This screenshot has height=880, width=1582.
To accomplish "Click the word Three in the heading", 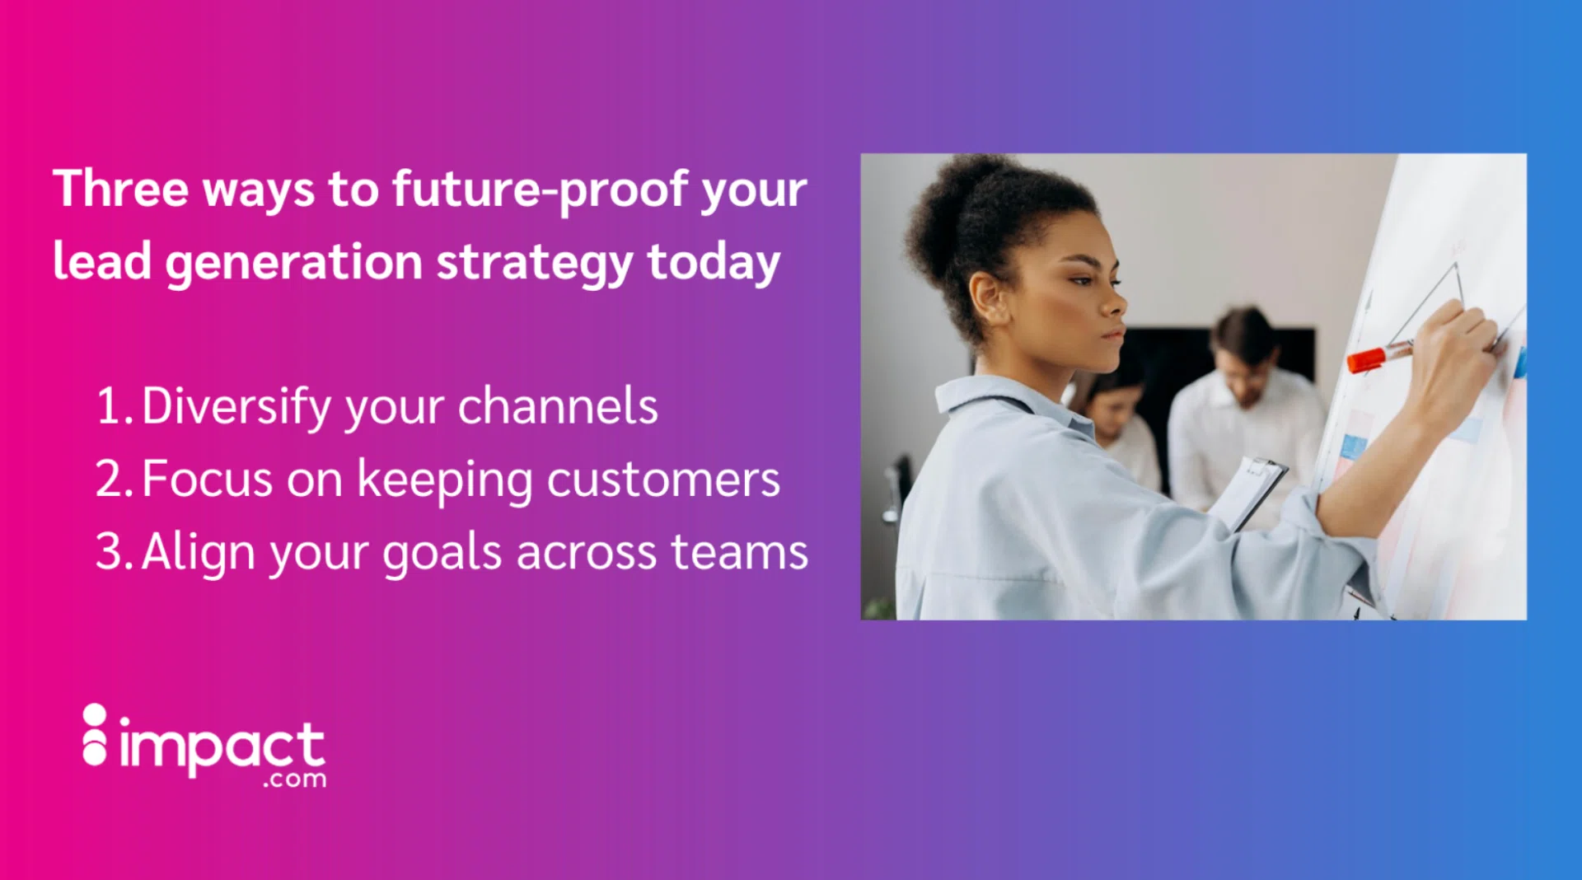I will (x=120, y=189).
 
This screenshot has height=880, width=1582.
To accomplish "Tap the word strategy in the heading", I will (x=534, y=263).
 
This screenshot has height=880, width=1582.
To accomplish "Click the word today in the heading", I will (x=713, y=263).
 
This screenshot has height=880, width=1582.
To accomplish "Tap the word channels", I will (x=557, y=406).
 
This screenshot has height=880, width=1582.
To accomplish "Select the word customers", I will (x=663, y=479).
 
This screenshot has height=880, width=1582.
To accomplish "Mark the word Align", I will (x=198, y=552).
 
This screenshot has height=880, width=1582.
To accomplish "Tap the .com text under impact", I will (x=294, y=779).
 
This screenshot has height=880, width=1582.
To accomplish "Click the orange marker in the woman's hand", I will (x=1371, y=358).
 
